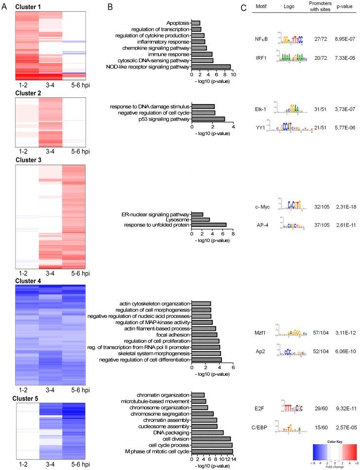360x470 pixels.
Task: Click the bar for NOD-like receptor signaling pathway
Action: click(211, 67)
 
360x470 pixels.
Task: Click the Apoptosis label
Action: click(178, 23)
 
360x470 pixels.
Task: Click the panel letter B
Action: click(109, 8)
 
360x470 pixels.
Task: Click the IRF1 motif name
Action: click(263, 58)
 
